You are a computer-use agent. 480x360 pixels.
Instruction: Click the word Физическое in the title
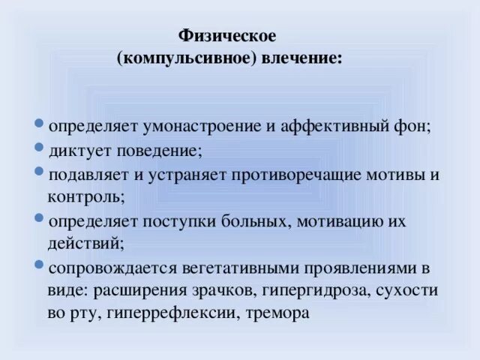pos(228,36)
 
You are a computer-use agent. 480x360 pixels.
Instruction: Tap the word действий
pos(82,244)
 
